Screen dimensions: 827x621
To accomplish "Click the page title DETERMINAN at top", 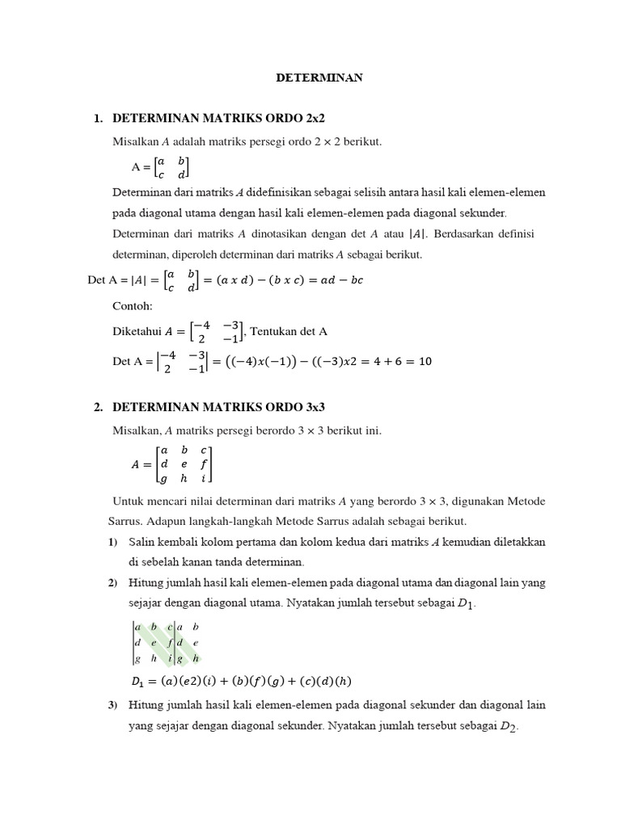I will pyautogui.click(x=319, y=78).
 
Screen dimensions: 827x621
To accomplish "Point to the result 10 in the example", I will pyautogui.click(x=425, y=361).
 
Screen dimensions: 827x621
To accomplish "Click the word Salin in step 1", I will pyautogui.click(x=141, y=540).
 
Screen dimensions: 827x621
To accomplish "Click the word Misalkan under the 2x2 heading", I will pyautogui.click(x=137, y=141).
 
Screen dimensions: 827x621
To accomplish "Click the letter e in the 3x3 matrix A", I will pyautogui.click(x=184, y=464).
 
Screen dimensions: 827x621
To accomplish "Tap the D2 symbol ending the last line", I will pyautogui.click(x=508, y=727).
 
